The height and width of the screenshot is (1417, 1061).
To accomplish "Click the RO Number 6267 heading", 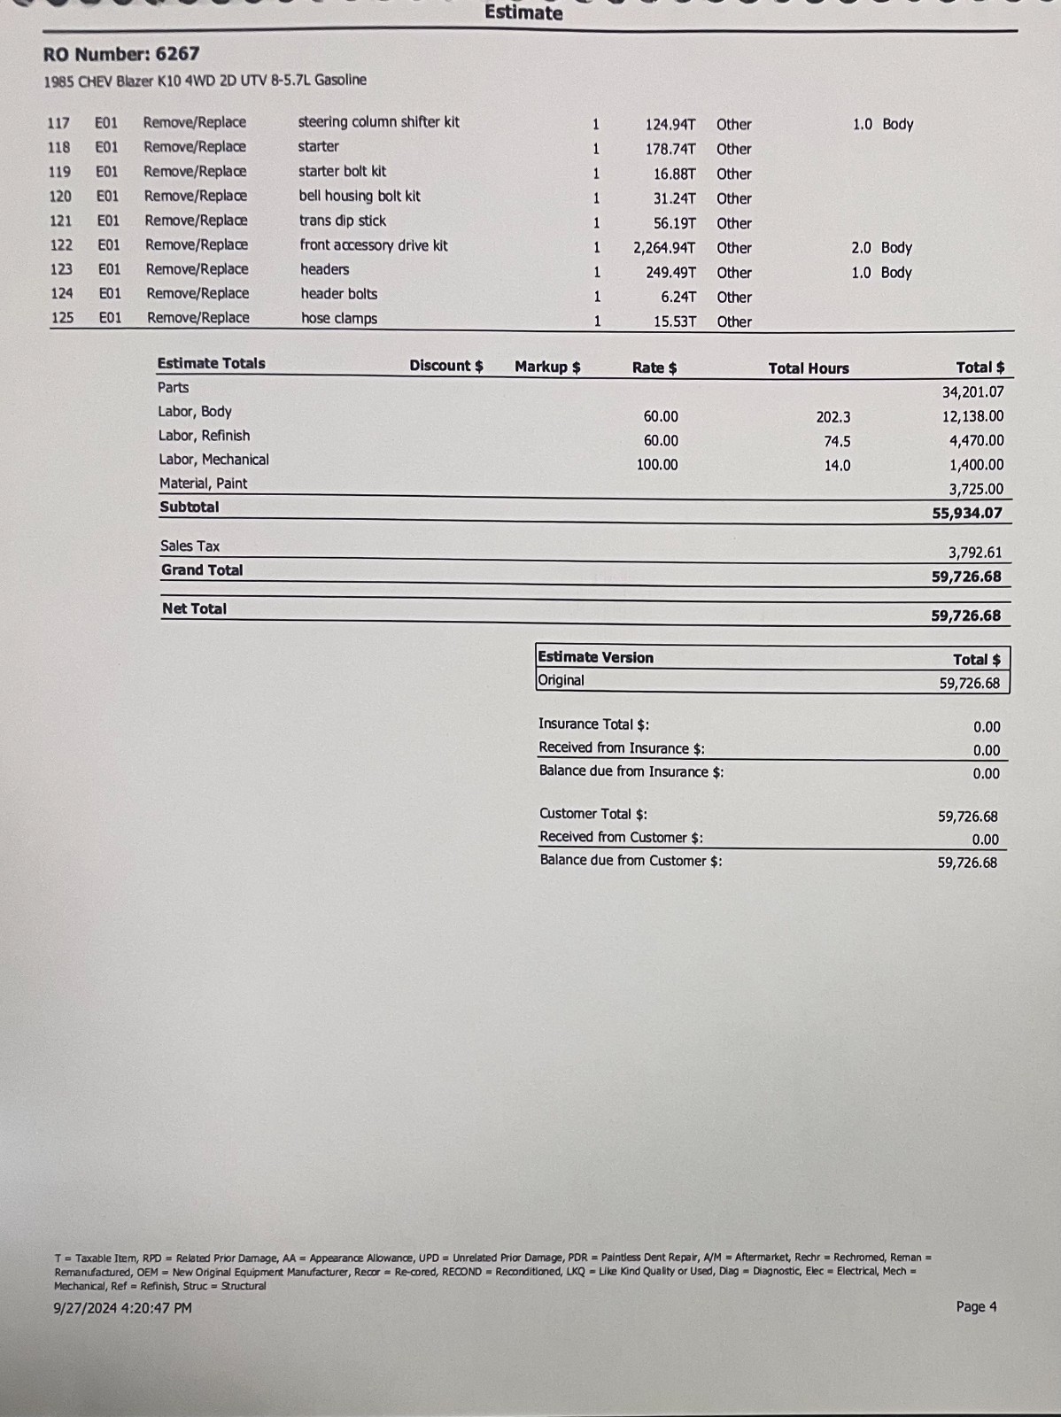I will [121, 54].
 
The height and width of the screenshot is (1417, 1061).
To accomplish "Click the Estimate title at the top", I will [523, 12].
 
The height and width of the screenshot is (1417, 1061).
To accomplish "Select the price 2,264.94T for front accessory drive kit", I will [664, 248].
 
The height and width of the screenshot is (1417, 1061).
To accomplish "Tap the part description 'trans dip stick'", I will [343, 221].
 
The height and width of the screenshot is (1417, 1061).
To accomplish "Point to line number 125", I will [63, 317].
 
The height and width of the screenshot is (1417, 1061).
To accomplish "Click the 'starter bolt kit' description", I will [342, 171].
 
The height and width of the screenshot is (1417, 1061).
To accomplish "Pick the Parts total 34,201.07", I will [972, 391].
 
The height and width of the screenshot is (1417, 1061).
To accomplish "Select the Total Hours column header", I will [809, 368].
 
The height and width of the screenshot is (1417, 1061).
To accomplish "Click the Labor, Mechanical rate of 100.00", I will [657, 464].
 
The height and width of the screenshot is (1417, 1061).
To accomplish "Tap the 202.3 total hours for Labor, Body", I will [833, 416].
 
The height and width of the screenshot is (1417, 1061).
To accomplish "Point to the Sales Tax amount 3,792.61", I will [975, 553].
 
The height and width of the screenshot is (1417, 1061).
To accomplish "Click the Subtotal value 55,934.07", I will [967, 513].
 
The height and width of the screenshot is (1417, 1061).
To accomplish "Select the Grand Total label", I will [202, 570].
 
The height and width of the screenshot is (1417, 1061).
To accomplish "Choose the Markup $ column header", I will [547, 367].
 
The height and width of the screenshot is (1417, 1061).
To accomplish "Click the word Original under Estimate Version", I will [561, 680].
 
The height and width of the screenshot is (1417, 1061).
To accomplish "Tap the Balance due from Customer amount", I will [967, 862].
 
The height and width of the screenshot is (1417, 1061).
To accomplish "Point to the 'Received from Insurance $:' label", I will [622, 748].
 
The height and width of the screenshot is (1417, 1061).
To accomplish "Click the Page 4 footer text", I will [976, 1306].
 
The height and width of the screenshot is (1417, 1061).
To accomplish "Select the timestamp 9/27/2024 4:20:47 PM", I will [123, 1308].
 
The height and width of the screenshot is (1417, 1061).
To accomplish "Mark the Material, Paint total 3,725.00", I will [976, 489].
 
